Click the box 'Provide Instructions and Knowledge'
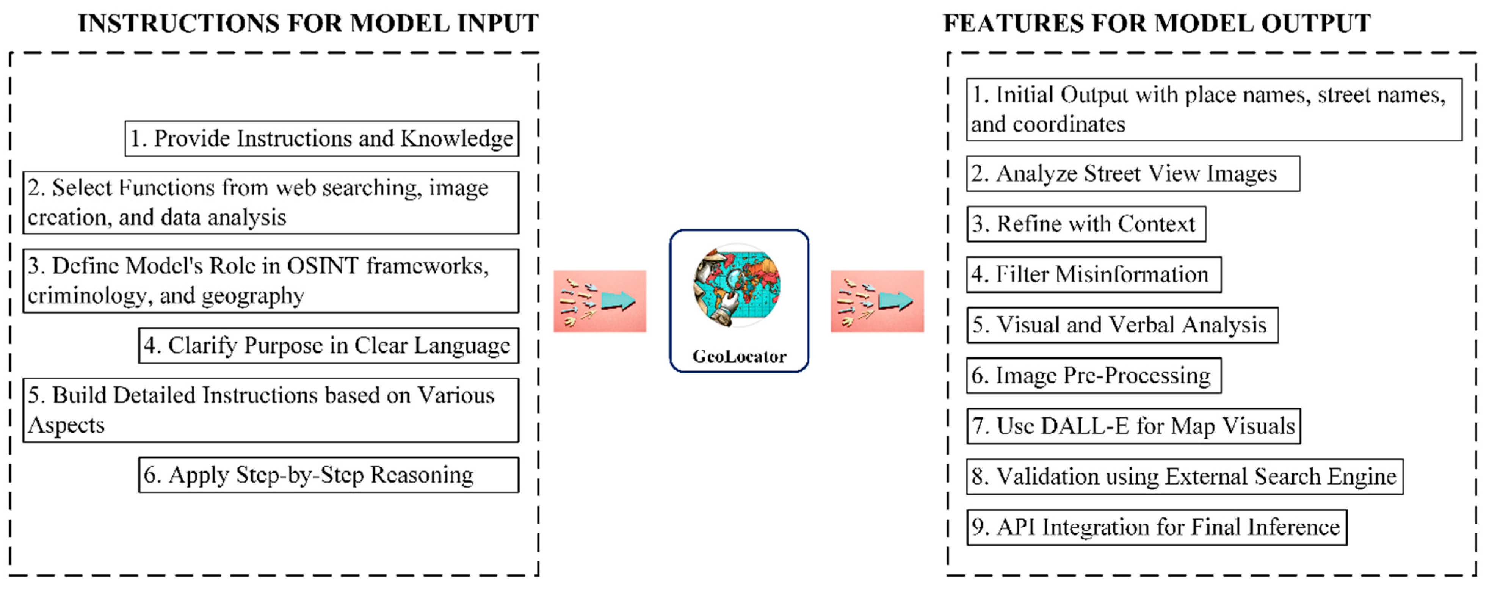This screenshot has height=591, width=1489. [321, 139]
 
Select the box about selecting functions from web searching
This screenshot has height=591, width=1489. [271, 202]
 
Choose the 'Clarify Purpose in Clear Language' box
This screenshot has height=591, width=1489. [328, 346]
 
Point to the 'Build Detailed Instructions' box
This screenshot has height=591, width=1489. [271, 410]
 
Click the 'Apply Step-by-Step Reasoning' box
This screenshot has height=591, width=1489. [328, 475]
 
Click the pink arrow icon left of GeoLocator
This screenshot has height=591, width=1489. [599, 301]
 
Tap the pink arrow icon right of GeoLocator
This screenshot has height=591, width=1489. [877, 301]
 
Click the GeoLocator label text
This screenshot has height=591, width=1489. [739, 356]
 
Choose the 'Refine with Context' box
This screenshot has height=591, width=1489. [1086, 224]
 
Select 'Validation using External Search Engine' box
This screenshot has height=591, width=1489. [1184, 477]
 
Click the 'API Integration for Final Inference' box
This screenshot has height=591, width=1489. [1156, 527]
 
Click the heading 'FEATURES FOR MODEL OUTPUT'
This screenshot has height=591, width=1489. [1157, 23]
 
